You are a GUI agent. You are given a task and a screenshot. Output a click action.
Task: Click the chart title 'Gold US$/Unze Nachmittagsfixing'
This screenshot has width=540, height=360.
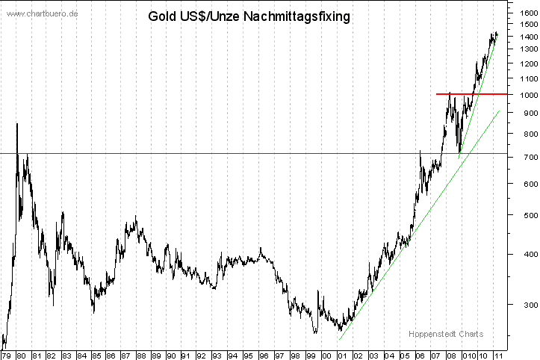click(x=249, y=16)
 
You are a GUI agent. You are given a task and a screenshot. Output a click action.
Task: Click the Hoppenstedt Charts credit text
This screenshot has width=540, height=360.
click(x=446, y=334)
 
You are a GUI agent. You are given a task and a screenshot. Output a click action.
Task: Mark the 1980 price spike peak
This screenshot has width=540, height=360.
click(x=17, y=124)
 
